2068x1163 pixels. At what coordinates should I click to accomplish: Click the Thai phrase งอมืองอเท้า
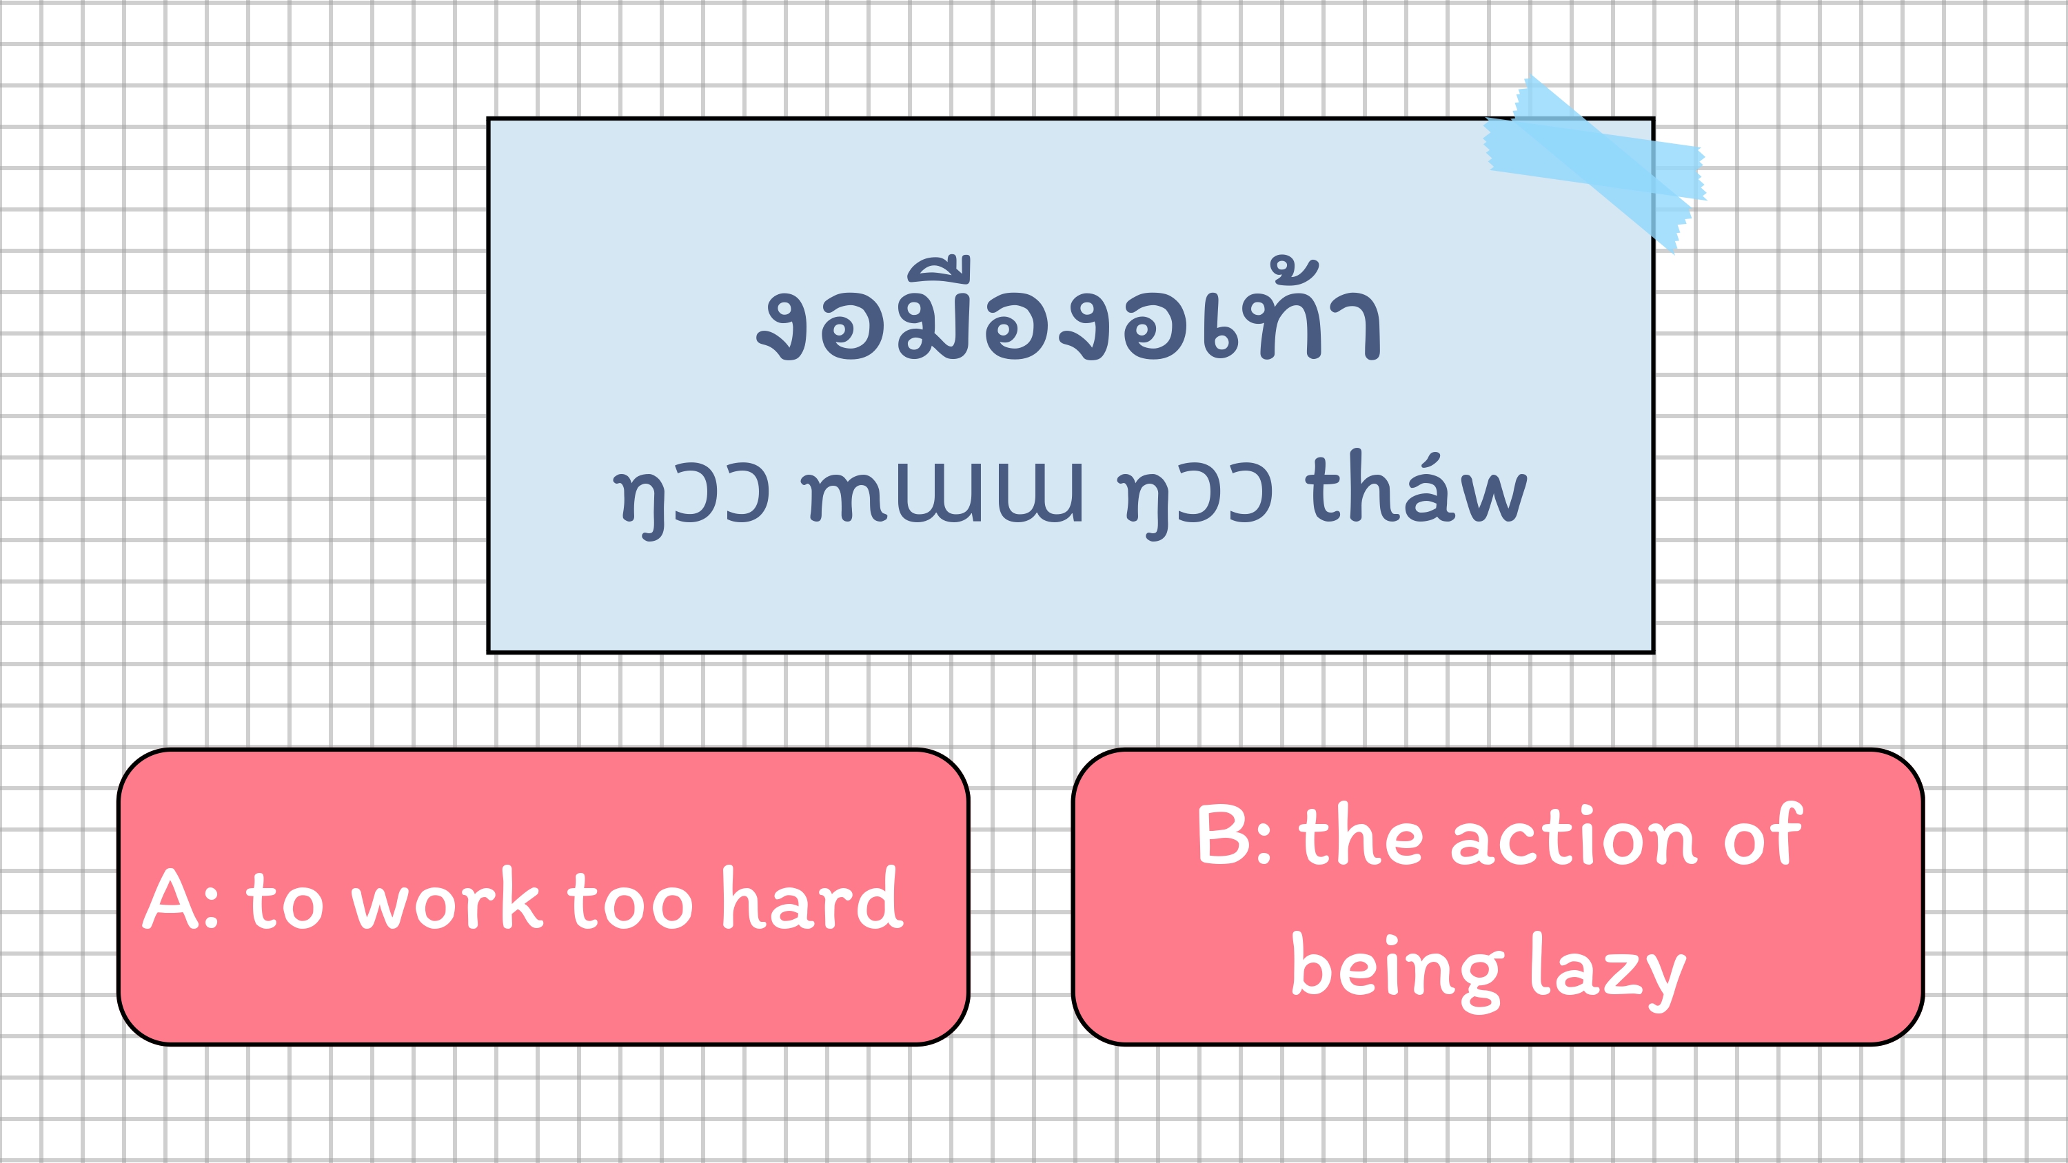(1068, 310)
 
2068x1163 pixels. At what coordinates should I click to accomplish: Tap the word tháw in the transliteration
(1416, 491)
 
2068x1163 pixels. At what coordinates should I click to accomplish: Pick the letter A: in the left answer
(181, 899)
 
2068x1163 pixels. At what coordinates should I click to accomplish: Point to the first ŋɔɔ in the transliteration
(691, 501)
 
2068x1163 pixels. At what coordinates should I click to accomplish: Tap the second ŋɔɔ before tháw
(1195, 501)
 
